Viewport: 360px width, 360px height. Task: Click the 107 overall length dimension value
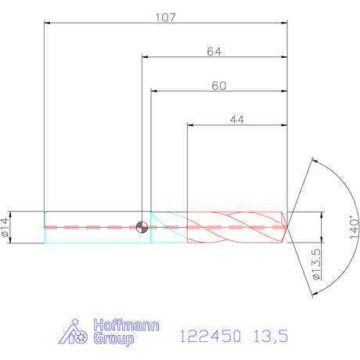coord(165,18)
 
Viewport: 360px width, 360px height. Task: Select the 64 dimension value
coord(214,52)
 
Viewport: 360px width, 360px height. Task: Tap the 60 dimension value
coord(219,86)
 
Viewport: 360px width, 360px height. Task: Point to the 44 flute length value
coord(237,120)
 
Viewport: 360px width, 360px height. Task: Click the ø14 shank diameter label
coord(5,227)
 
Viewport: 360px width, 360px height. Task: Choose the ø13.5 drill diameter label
coord(317,265)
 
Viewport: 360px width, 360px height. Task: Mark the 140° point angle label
coord(354,227)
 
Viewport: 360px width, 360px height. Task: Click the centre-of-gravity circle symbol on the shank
coord(142,227)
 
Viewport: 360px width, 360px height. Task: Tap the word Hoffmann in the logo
coord(126,325)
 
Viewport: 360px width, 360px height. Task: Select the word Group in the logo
coord(113,339)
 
